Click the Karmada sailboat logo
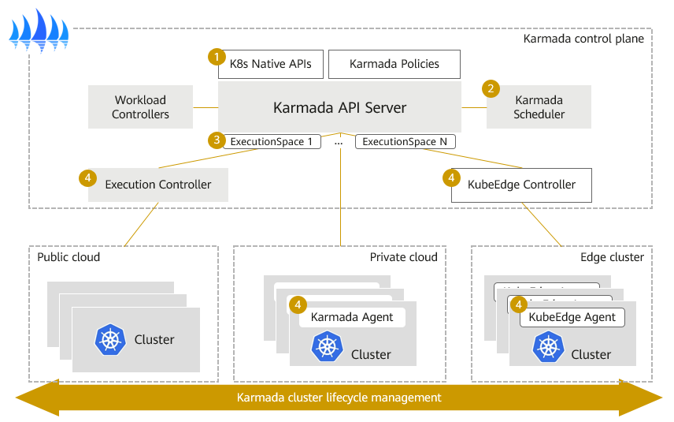click(x=39, y=29)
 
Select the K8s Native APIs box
click(x=270, y=64)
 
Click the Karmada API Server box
click(x=339, y=107)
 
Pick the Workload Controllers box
click(x=140, y=107)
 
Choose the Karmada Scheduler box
click(x=539, y=107)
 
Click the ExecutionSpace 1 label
click(x=272, y=142)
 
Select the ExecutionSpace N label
click(x=405, y=142)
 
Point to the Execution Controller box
click(x=158, y=185)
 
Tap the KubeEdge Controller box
click(x=522, y=185)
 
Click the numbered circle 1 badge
click(x=215, y=57)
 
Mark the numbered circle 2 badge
click(x=491, y=88)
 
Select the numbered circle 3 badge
click(x=215, y=140)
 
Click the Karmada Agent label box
click(x=351, y=317)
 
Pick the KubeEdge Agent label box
click(x=572, y=317)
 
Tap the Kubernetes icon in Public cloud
click(x=109, y=339)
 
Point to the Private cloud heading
click(x=403, y=257)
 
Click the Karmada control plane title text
click(x=583, y=39)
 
